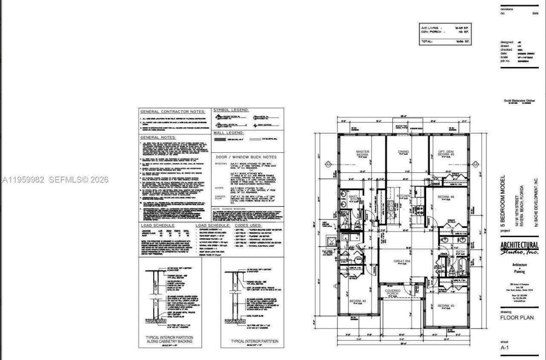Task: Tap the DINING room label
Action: [403, 152]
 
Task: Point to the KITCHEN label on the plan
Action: [404, 196]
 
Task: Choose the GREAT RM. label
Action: [401, 261]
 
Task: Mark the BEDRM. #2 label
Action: [358, 302]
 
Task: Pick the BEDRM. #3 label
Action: [446, 306]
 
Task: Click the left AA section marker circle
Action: [328, 164]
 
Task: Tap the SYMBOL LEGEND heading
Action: [231, 110]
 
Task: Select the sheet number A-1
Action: [505, 348]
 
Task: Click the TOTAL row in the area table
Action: [445, 41]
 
